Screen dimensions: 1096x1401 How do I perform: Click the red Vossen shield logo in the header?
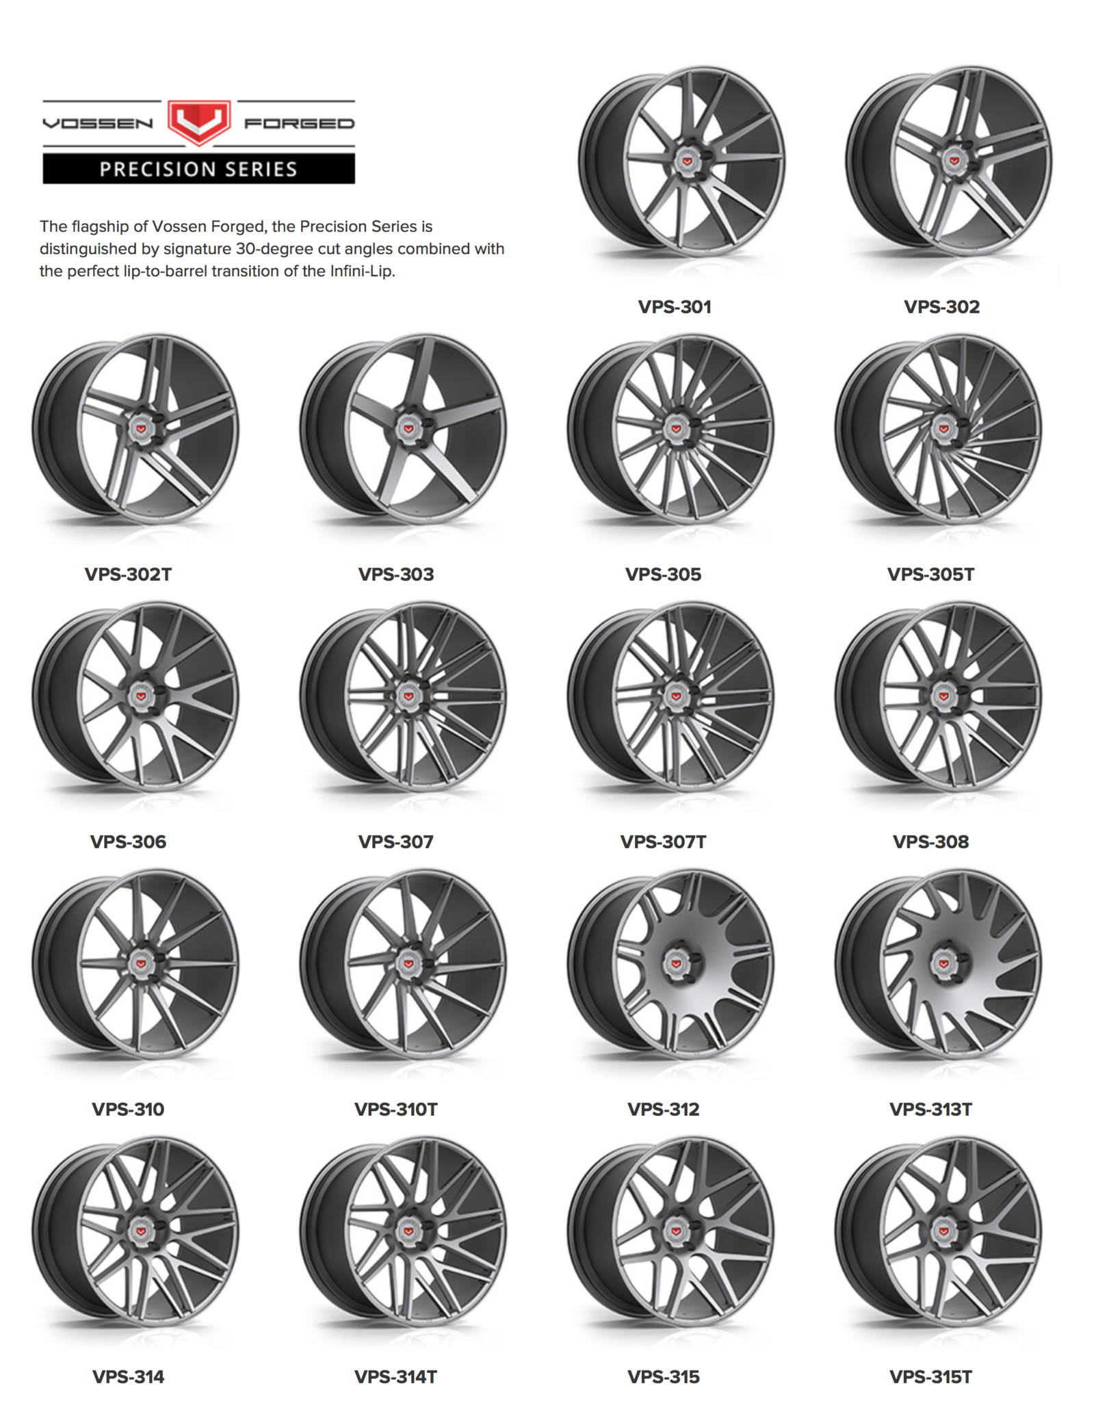(x=199, y=122)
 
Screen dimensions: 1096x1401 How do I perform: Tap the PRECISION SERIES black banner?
(x=198, y=169)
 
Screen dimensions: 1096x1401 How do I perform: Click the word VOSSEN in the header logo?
(x=98, y=124)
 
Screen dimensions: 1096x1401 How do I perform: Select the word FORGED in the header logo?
(x=300, y=124)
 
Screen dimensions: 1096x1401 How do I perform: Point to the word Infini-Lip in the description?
(x=362, y=271)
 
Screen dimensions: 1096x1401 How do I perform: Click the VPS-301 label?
(x=675, y=307)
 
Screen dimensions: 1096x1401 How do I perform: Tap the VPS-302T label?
(x=128, y=575)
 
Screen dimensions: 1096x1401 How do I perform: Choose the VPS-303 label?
(x=396, y=575)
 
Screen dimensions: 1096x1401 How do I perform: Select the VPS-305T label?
(x=931, y=575)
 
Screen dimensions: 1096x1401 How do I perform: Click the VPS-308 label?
(x=931, y=842)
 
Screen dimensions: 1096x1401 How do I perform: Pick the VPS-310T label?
(x=396, y=1110)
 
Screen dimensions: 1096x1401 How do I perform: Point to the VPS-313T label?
(x=931, y=1110)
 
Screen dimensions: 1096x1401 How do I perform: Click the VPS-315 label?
(x=664, y=1377)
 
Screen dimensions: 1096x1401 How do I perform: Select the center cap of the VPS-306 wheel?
(x=141, y=696)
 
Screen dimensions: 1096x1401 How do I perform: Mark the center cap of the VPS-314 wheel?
(x=141, y=1231)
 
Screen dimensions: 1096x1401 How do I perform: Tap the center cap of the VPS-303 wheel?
(x=408, y=428)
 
